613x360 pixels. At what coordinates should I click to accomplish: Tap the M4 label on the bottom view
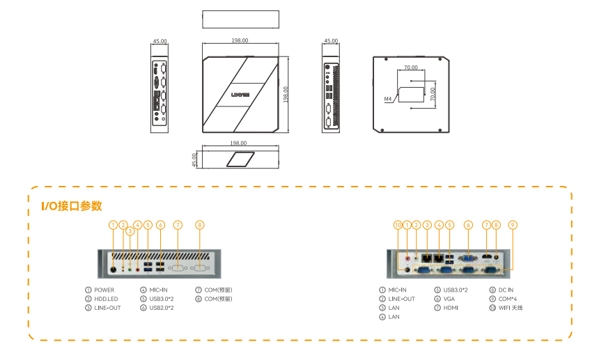pyautogui.click(x=388, y=100)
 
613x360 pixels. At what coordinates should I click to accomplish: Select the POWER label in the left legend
pyautogui.click(x=104, y=290)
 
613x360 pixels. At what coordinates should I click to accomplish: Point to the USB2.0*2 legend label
pyautogui.click(x=162, y=308)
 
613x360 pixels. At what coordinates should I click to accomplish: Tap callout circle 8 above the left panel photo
pyautogui.click(x=200, y=225)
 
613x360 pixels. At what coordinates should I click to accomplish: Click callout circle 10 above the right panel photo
pyautogui.click(x=398, y=225)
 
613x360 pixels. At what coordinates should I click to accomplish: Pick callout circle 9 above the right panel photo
pyautogui.click(x=512, y=225)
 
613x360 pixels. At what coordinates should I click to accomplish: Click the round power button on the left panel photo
pyautogui.click(x=114, y=267)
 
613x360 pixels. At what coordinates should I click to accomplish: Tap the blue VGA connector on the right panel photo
pyautogui.click(x=468, y=258)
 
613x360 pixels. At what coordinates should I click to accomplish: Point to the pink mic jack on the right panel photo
pyautogui.click(x=408, y=255)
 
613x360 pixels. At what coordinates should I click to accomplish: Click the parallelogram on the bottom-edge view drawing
pyautogui.click(x=240, y=159)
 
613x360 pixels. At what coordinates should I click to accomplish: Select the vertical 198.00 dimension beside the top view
pyautogui.click(x=286, y=94)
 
